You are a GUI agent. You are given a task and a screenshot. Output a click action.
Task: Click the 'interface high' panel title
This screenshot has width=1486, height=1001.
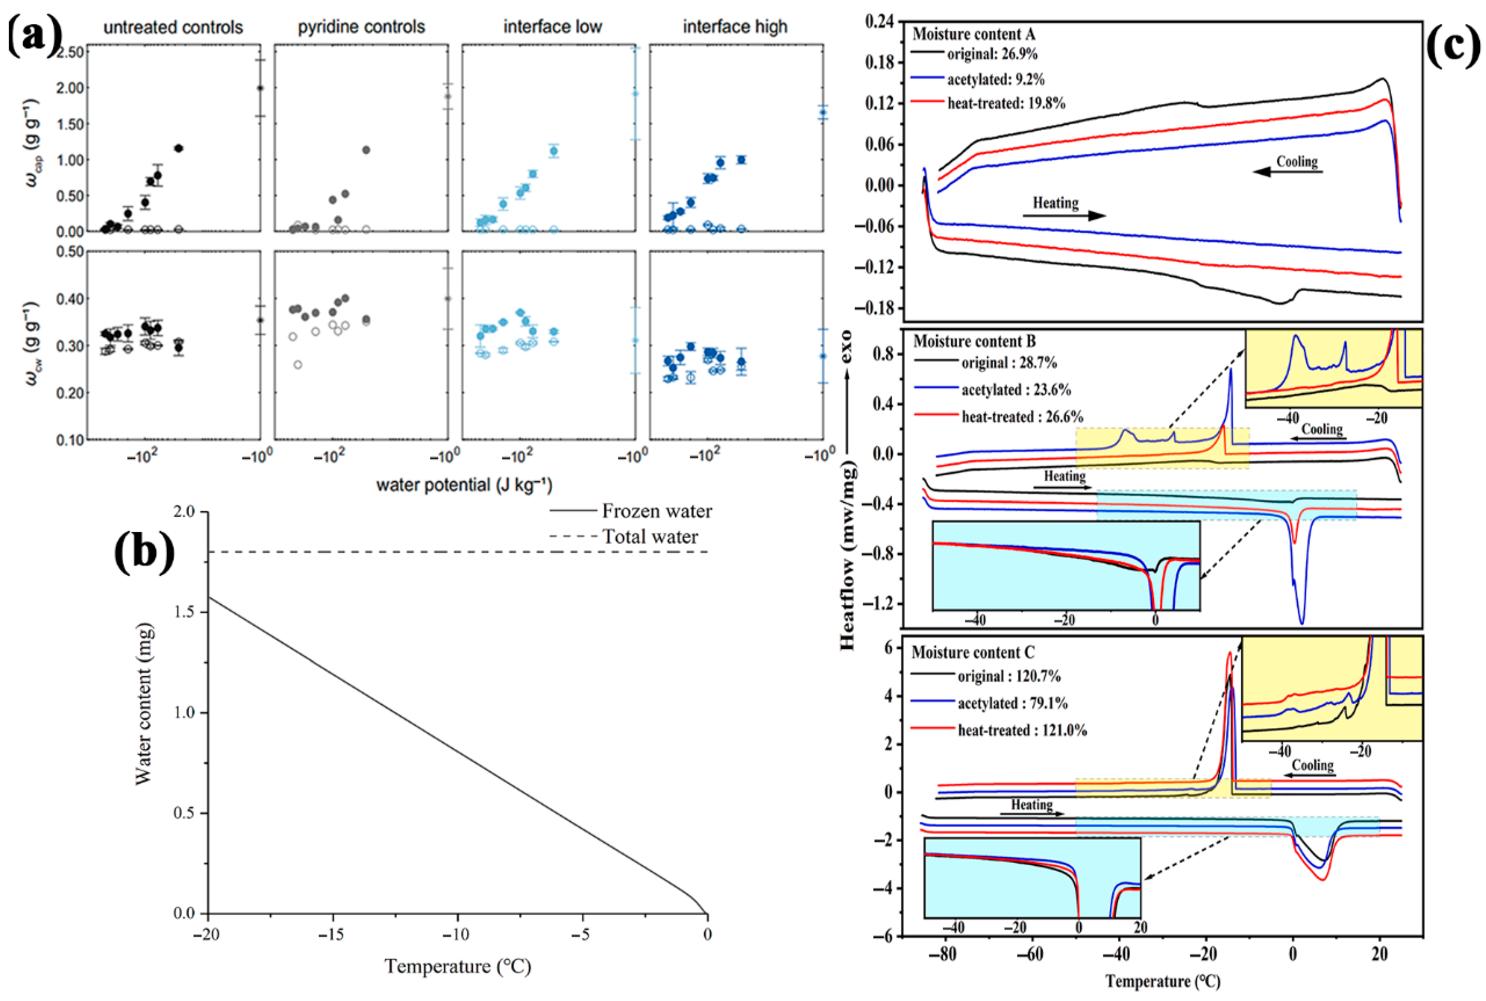735,27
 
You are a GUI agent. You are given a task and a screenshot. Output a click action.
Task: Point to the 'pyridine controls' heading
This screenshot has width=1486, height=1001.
361,27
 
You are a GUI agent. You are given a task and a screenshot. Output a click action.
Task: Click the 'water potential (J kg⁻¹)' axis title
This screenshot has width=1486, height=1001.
464,485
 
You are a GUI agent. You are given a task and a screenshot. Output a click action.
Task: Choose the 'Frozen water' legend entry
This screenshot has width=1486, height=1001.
657,511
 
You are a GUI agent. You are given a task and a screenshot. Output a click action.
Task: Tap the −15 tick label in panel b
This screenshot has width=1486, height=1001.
331,935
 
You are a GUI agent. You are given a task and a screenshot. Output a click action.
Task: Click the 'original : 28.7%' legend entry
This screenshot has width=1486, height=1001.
1009,363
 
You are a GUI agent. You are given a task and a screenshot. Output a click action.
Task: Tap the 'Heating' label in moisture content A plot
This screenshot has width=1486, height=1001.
1056,203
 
